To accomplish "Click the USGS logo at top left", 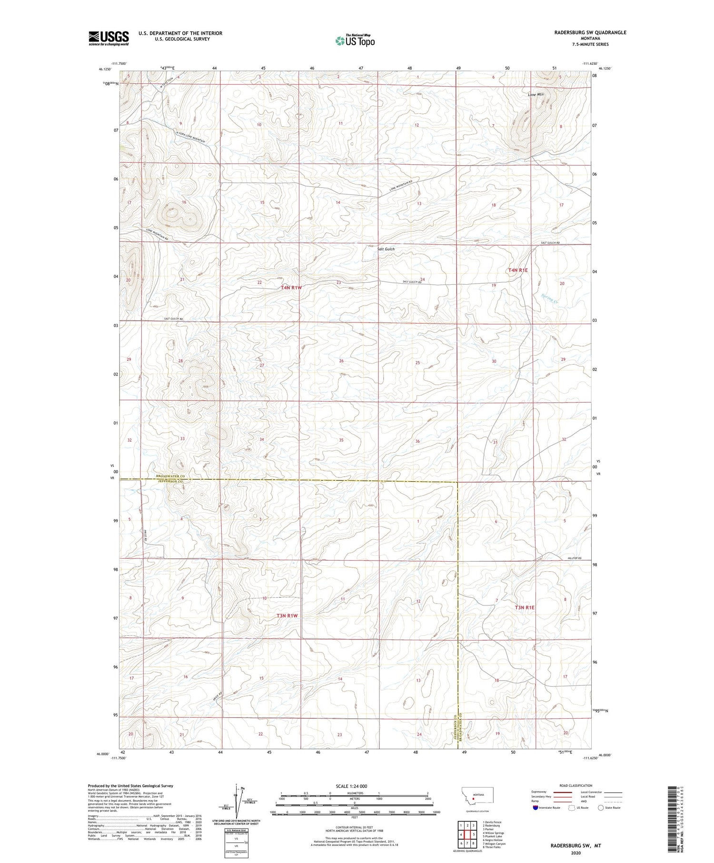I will pos(109,38).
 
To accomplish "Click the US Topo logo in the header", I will pos(355,41).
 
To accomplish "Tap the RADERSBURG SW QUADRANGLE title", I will pos(590,32).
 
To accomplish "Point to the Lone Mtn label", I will pos(535,95).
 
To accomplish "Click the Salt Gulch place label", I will pos(386,249).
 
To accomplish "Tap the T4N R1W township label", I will pos(291,288).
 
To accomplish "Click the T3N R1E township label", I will pos(525,607).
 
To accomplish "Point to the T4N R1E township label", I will pos(518,270).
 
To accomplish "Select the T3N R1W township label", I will pos(287,615).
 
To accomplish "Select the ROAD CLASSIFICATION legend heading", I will pos(576,785).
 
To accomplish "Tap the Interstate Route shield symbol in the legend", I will pos(535,807).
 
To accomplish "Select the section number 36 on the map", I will pos(417,441).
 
